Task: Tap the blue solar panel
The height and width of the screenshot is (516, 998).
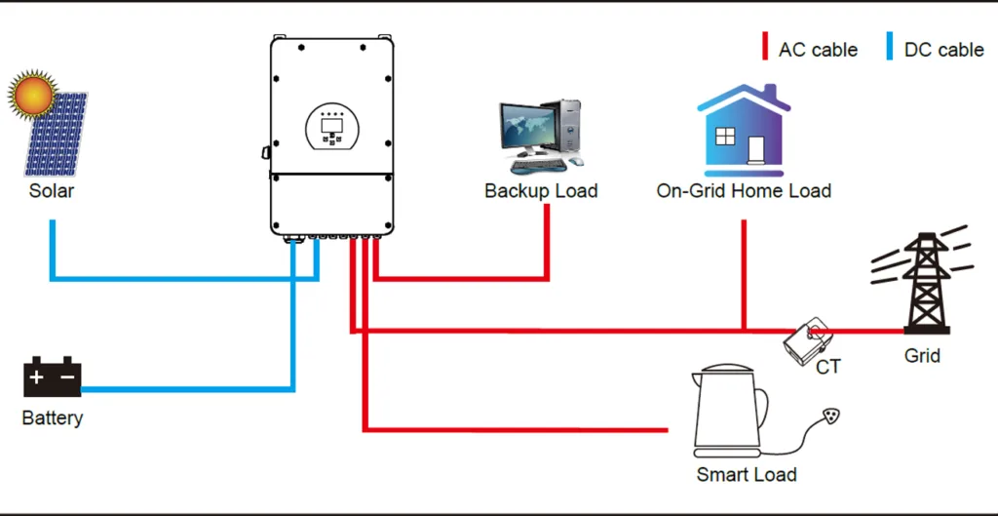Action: tap(58, 137)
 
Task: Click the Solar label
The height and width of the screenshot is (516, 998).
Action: tap(52, 190)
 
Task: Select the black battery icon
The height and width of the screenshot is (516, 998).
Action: tap(52, 377)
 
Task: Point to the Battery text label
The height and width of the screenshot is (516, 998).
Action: tap(53, 418)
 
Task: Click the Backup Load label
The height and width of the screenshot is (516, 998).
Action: tap(541, 191)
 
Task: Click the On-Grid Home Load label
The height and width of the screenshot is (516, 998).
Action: tap(744, 191)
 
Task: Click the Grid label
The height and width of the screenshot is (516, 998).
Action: tap(922, 356)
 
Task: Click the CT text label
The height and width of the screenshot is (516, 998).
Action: tap(828, 368)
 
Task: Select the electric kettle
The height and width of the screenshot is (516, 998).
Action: tap(730, 415)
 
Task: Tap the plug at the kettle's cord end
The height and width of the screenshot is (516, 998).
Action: tap(830, 417)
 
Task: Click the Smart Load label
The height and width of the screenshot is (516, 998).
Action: tap(747, 475)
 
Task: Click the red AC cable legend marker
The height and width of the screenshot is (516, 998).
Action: tap(765, 47)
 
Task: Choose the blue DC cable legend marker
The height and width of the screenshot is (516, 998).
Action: tap(889, 47)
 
